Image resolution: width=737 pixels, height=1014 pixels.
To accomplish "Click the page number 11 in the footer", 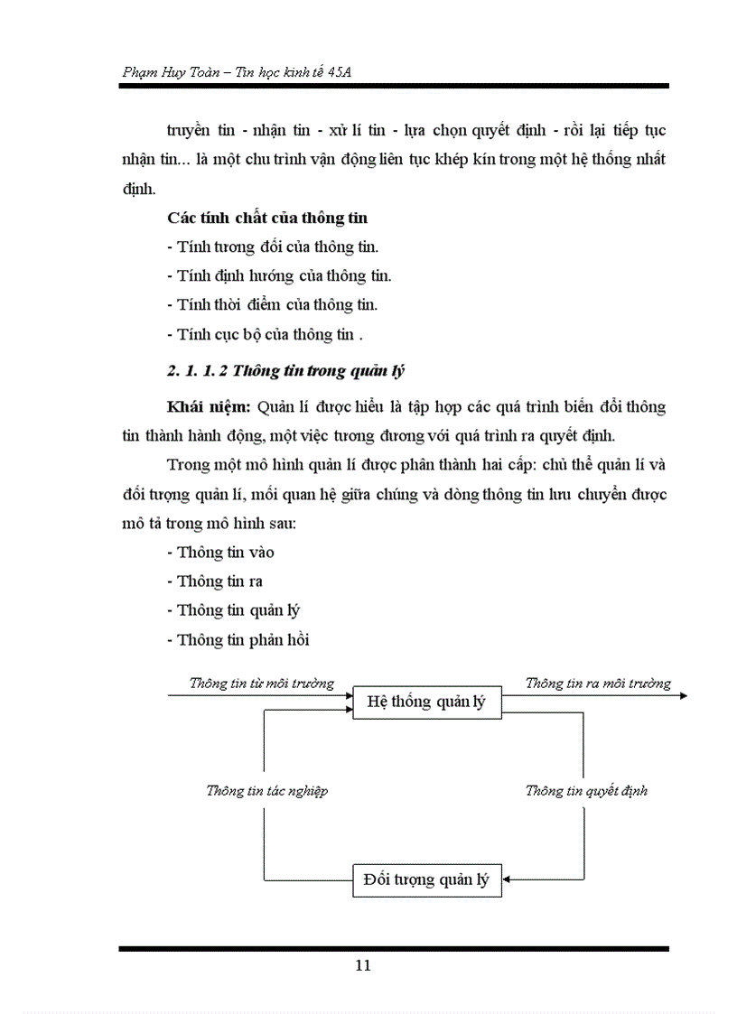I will tap(363, 965).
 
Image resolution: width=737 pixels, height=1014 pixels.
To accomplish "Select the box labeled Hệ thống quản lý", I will tap(425, 702).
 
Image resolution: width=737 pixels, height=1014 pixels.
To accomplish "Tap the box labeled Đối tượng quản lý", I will tap(425, 879).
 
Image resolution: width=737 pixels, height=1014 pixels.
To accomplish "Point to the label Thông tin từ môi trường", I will tap(261, 683).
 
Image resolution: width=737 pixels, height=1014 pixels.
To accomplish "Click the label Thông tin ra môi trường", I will tap(598, 683).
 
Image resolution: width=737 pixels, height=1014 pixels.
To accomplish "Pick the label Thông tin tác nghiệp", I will tap(266, 790).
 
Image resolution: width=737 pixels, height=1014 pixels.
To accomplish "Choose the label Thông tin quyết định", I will tap(586, 790).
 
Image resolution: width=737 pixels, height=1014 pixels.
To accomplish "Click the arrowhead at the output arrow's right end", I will tap(683, 695).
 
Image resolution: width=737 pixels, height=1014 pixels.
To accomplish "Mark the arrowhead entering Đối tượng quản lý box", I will tap(508, 879).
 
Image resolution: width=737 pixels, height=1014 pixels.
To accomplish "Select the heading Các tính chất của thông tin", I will tap(267, 218).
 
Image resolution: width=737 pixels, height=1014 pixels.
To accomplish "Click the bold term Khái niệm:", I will tap(210, 406).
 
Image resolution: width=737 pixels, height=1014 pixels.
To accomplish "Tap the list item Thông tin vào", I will tap(221, 552).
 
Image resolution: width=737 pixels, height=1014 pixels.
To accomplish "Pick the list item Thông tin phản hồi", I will tap(238, 639).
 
